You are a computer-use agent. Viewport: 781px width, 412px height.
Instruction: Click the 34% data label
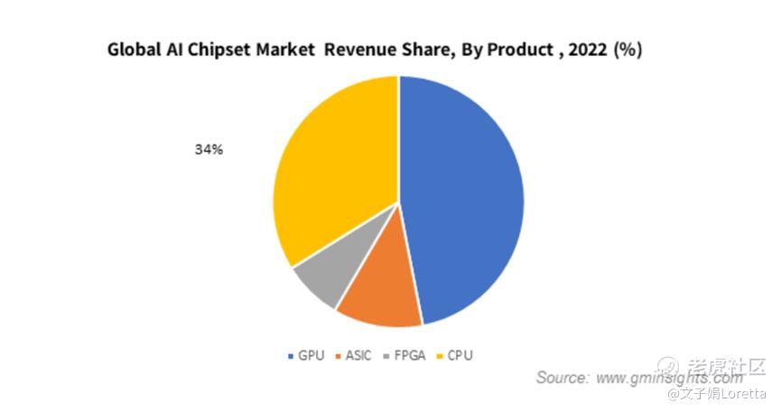[x=209, y=150]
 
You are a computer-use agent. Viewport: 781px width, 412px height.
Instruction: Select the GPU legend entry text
[x=311, y=355]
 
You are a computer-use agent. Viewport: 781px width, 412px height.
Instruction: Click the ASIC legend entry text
[x=358, y=355]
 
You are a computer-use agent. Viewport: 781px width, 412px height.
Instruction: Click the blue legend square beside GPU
[x=291, y=356]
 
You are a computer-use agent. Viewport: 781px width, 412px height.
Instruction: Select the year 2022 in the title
[x=586, y=51]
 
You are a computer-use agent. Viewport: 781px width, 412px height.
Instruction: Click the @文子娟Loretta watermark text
[x=717, y=394]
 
